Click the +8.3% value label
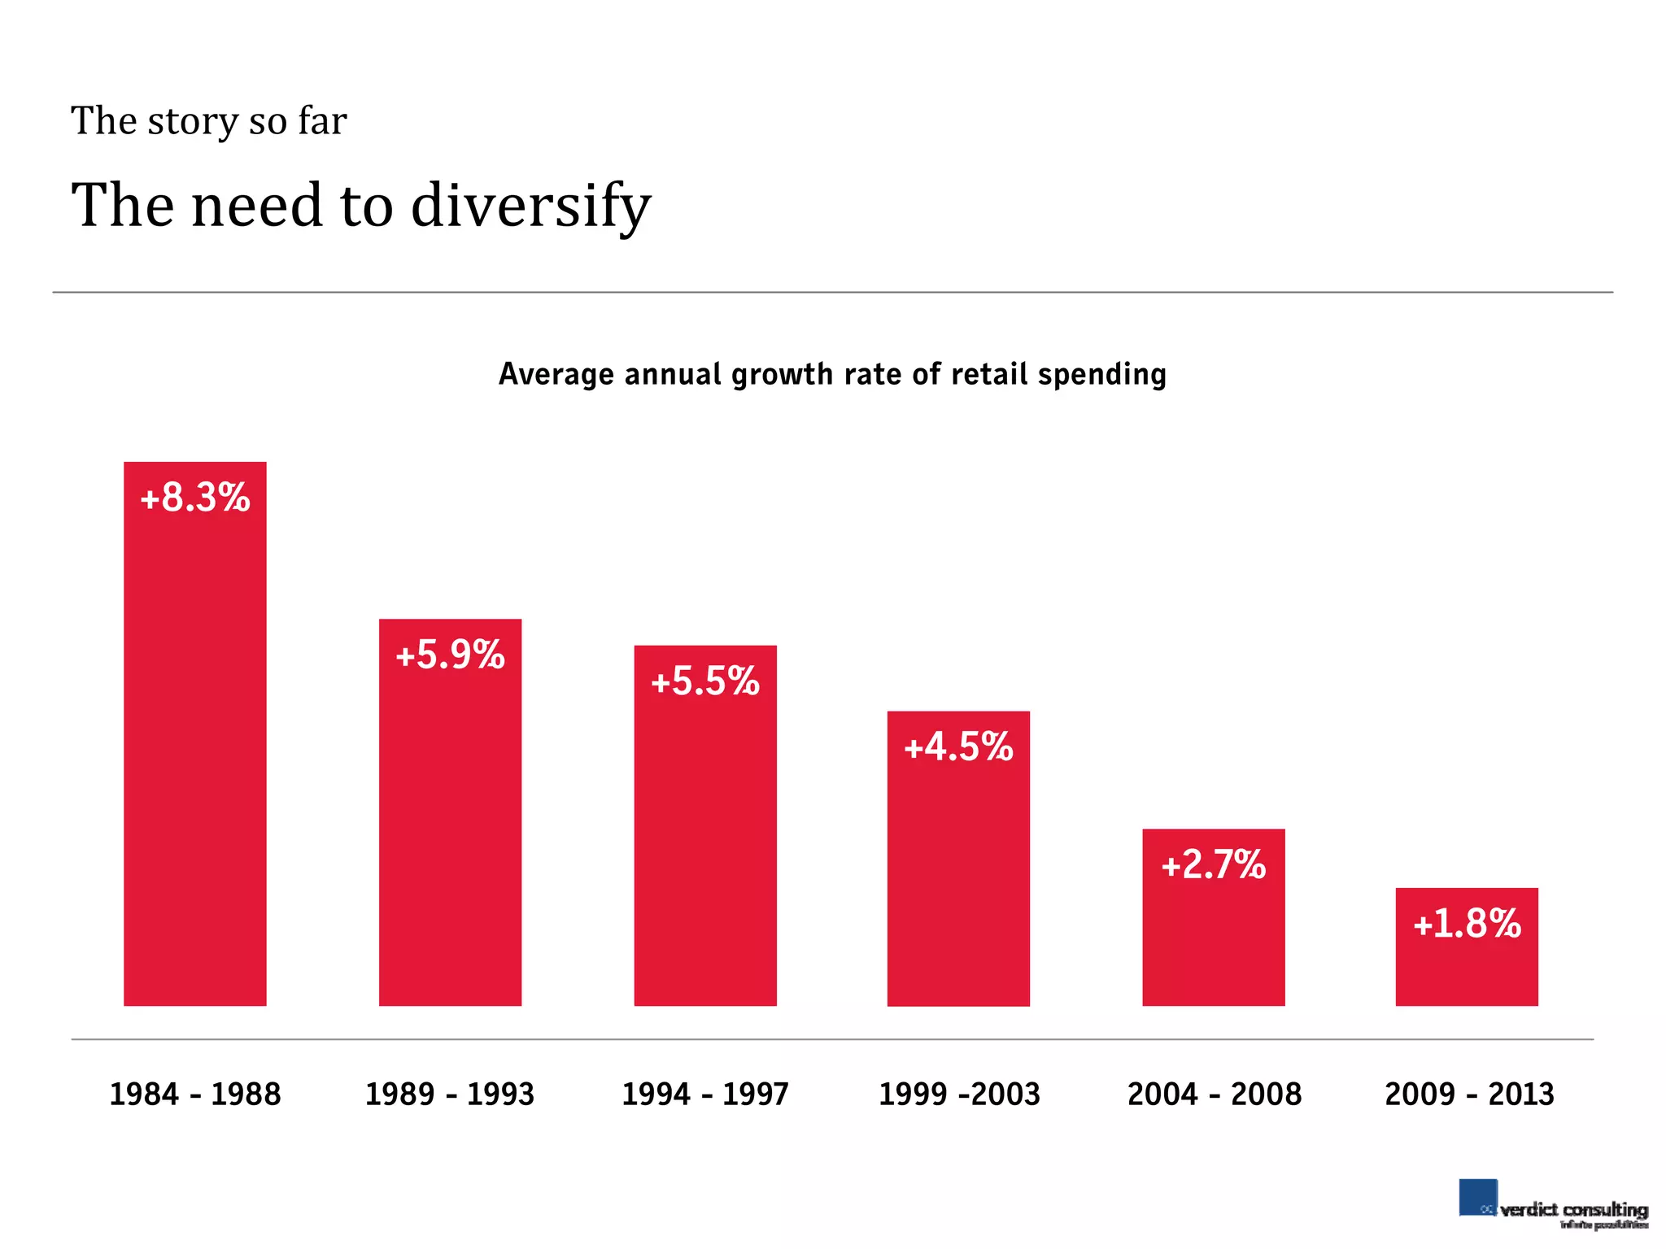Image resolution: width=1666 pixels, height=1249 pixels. point(195,498)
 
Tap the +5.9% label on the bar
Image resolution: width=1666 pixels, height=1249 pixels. point(450,655)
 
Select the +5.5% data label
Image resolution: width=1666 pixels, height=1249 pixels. point(705,681)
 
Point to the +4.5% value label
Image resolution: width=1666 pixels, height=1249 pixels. point(958,747)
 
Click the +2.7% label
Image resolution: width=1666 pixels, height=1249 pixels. point(1213,864)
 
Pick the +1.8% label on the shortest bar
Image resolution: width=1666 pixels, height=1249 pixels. point(1467,924)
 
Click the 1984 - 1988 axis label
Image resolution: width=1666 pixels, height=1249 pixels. point(195,1095)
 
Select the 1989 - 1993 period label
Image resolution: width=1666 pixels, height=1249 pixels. point(450,1095)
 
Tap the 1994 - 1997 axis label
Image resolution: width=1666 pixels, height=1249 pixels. point(705,1095)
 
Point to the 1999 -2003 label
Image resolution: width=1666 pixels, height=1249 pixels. point(959,1095)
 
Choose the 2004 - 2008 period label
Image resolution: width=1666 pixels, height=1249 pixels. point(1214,1095)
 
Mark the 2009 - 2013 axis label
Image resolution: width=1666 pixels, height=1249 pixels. point(1469,1095)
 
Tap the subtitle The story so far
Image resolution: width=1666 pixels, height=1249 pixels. point(209,121)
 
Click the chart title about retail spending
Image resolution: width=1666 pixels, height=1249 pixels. point(832,375)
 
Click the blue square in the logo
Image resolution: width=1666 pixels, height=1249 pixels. point(1477,1197)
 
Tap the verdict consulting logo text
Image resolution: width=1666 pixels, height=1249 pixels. point(1573,1210)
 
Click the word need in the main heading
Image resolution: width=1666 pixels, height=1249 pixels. point(257,206)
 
